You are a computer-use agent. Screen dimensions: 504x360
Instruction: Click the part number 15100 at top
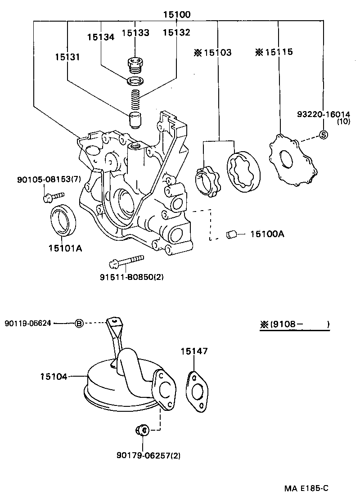pyautogui.click(x=176, y=14)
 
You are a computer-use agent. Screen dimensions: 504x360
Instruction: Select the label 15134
pyautogui.click(x=101, y=37)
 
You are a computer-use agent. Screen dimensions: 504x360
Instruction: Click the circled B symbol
pyautogui.click(x=79, y=323)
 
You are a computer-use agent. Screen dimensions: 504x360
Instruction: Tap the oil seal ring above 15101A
pyautogui.click(x=63, y=219)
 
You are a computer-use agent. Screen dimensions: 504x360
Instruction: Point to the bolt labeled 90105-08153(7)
pyautogui.click(x=53, y=197)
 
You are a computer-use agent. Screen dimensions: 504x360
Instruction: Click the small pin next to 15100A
pyautogui.click(x=231, y=234)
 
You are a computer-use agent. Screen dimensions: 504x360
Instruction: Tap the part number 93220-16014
pyautogui.click(x=323, y=114)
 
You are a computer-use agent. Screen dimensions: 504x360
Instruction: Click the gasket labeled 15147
pyautogui.click(x=197, y=391)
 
